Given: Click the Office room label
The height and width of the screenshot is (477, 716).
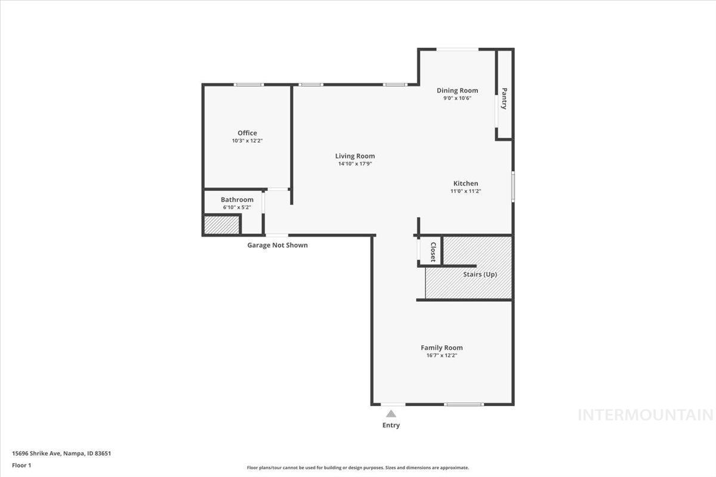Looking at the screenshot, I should tap(247, 133).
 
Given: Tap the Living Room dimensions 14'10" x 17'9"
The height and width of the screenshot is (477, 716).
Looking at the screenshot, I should tap(355, 164).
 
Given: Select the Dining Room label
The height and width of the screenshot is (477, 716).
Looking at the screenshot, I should tap(457, 91).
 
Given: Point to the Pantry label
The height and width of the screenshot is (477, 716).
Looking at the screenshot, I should tap(504, 99).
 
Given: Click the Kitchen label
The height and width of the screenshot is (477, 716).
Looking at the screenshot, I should tap(465, 184).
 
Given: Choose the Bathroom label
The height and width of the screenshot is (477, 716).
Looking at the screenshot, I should tap(237, 200).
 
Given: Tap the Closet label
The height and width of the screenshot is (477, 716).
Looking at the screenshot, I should tap(433, 252).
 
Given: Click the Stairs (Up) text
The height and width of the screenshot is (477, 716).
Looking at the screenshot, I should tap(480, 274).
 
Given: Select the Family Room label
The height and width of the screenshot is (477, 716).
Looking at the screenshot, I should tap(442, 348).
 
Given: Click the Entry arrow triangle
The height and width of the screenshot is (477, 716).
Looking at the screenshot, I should tap(391, 413).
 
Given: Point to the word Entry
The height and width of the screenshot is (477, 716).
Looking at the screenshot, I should tap(391, 425).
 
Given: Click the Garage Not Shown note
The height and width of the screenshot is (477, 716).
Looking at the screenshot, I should tap(277, 245).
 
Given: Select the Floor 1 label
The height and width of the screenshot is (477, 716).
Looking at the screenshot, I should tap(21, 465).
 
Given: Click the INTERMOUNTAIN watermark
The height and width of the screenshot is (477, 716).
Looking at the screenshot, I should tap(645, 415).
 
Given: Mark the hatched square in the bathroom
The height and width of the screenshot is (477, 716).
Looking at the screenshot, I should tap(221, 225).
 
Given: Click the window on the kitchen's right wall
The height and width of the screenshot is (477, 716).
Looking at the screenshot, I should tap(513, 186).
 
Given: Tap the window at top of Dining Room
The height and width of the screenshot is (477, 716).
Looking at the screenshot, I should tap(457, 49).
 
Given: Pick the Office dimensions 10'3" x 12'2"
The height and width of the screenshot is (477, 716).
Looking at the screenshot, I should tap(247, 141).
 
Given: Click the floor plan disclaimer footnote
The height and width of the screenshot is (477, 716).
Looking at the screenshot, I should tap(358, 467).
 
